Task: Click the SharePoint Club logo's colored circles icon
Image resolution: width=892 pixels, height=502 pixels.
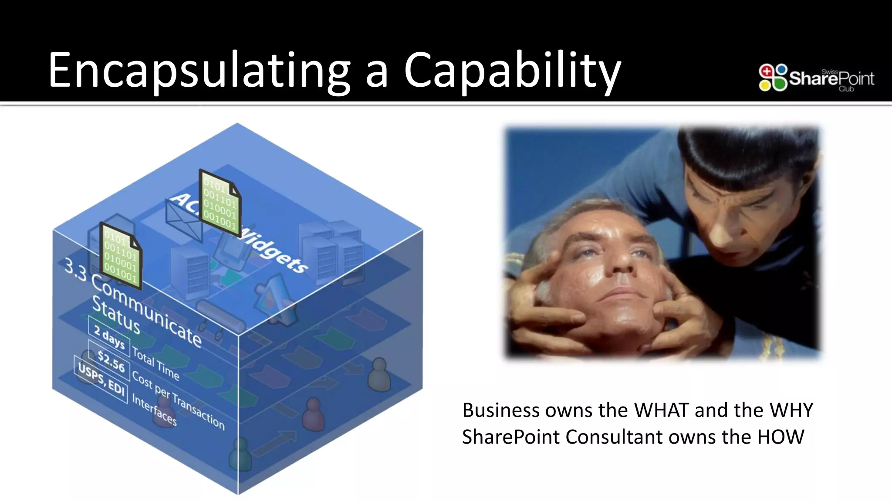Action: (773, 78)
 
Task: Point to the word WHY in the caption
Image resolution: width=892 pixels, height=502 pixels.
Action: (791, 410)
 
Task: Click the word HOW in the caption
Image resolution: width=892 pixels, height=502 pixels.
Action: (780, 437)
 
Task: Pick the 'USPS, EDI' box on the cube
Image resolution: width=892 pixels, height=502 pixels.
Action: (101, 378)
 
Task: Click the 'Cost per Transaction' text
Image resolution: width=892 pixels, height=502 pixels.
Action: (178, 400)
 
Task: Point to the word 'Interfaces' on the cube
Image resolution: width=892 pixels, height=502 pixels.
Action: (154, 410)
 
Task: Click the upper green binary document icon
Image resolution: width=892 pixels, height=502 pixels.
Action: (220, 203)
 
